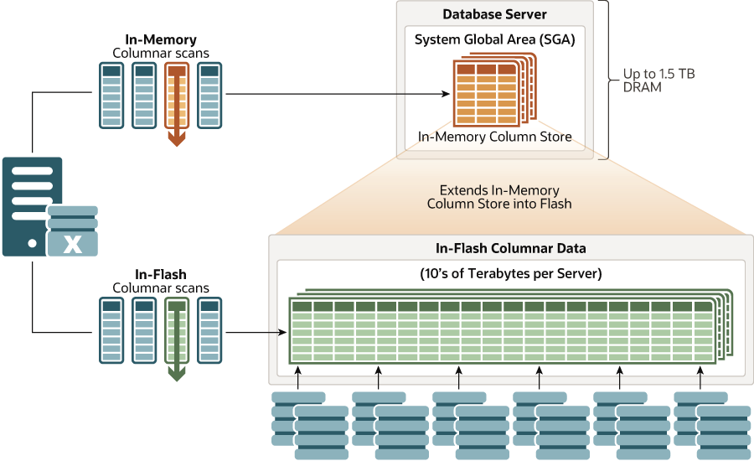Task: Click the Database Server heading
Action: (494, 14)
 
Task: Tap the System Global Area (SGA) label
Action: (494, 39)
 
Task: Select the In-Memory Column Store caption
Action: (494, 137)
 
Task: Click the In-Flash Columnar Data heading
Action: (510, 248)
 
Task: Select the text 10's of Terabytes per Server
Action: (510, 273)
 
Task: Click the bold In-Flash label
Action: (160, 273)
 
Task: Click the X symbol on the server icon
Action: (74, 244)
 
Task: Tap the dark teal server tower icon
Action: (32, 205)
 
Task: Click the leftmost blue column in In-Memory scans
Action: (111, 96)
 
